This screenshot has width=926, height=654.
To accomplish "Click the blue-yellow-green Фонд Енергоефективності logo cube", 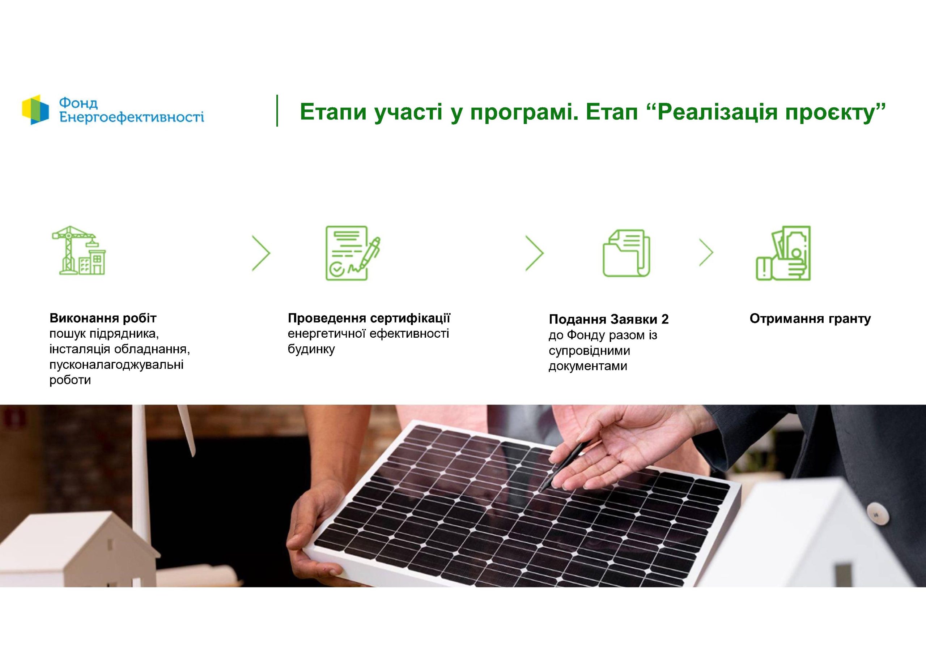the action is pos(35,109).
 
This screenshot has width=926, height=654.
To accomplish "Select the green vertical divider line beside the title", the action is pos(277,111).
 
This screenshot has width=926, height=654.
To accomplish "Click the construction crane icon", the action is pos(78,251).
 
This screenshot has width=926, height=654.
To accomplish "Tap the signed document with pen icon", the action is pos(353,253).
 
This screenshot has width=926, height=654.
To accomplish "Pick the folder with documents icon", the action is pos(626,253).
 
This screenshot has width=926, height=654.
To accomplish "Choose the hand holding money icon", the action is pos(783,253).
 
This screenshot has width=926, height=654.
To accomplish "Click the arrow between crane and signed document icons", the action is pos(262,253).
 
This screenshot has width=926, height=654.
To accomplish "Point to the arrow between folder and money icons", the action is pos(706,253).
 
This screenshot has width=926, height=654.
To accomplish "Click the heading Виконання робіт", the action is pos(103,318).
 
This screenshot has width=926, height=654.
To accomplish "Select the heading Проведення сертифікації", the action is pos(369,318).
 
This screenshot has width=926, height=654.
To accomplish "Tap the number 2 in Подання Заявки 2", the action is pos(664,319).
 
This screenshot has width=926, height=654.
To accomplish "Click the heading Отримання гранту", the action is pos(810,319).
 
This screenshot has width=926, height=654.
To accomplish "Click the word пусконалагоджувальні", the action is pos(116,365).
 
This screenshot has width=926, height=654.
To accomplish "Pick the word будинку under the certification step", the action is pos(311,349).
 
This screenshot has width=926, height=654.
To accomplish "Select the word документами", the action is pos(588,366).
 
